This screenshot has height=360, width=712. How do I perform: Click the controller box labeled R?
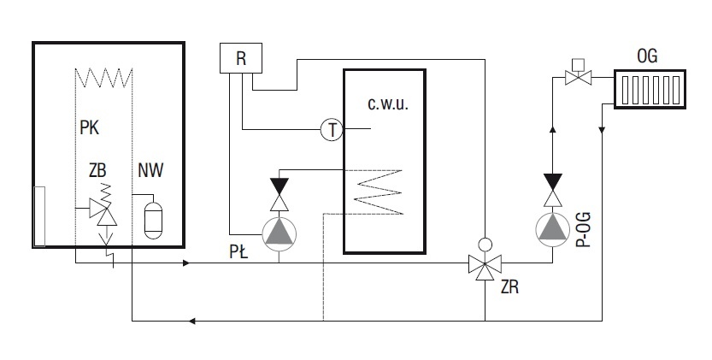pyautogui.click(x=241, y=58)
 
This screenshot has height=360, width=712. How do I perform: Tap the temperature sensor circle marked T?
pyautogui.click(x=332, y=129)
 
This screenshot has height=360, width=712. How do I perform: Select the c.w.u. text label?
pyautogui.click(x=388, y=103)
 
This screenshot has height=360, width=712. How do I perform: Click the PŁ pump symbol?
pyautogui.click(x=280, y=234)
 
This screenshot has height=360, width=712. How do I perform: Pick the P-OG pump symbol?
pyautogui.click(x=553, y=230)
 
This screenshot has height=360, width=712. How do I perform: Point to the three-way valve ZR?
pyautogui.click(x=485, y=263)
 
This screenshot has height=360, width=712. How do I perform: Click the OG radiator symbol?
pyautogui.click(x=650, y=89)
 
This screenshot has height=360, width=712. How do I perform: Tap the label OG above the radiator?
pyautogui.click(x=647, y=56)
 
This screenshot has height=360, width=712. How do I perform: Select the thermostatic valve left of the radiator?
pyautogui.click(x=578, y=73)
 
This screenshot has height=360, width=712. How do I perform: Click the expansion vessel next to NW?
pyautogui.click(x=152, y=220)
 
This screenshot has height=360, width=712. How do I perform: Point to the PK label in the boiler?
pyautogui.click(x=90, y=127)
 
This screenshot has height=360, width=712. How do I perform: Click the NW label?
pyautogui.click(x=150, y=170)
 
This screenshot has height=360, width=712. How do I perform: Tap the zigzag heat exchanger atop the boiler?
pyautogui.click(x=103, y=78)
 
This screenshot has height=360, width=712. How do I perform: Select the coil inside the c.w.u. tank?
pyautogui.click(x=379, y=192)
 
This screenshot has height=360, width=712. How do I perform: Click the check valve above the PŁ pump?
pyautogui.click(x=280, y=195)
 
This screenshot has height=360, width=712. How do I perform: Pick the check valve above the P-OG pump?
pyautogui.click(x=553, y=191)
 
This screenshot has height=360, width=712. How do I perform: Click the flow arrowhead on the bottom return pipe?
pyautogui.click(x=192, y=322)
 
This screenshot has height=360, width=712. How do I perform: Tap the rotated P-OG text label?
pyautogui.click(x=584, y=229)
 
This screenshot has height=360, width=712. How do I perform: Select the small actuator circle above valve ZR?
pyautogui.click(x=485, y=245)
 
